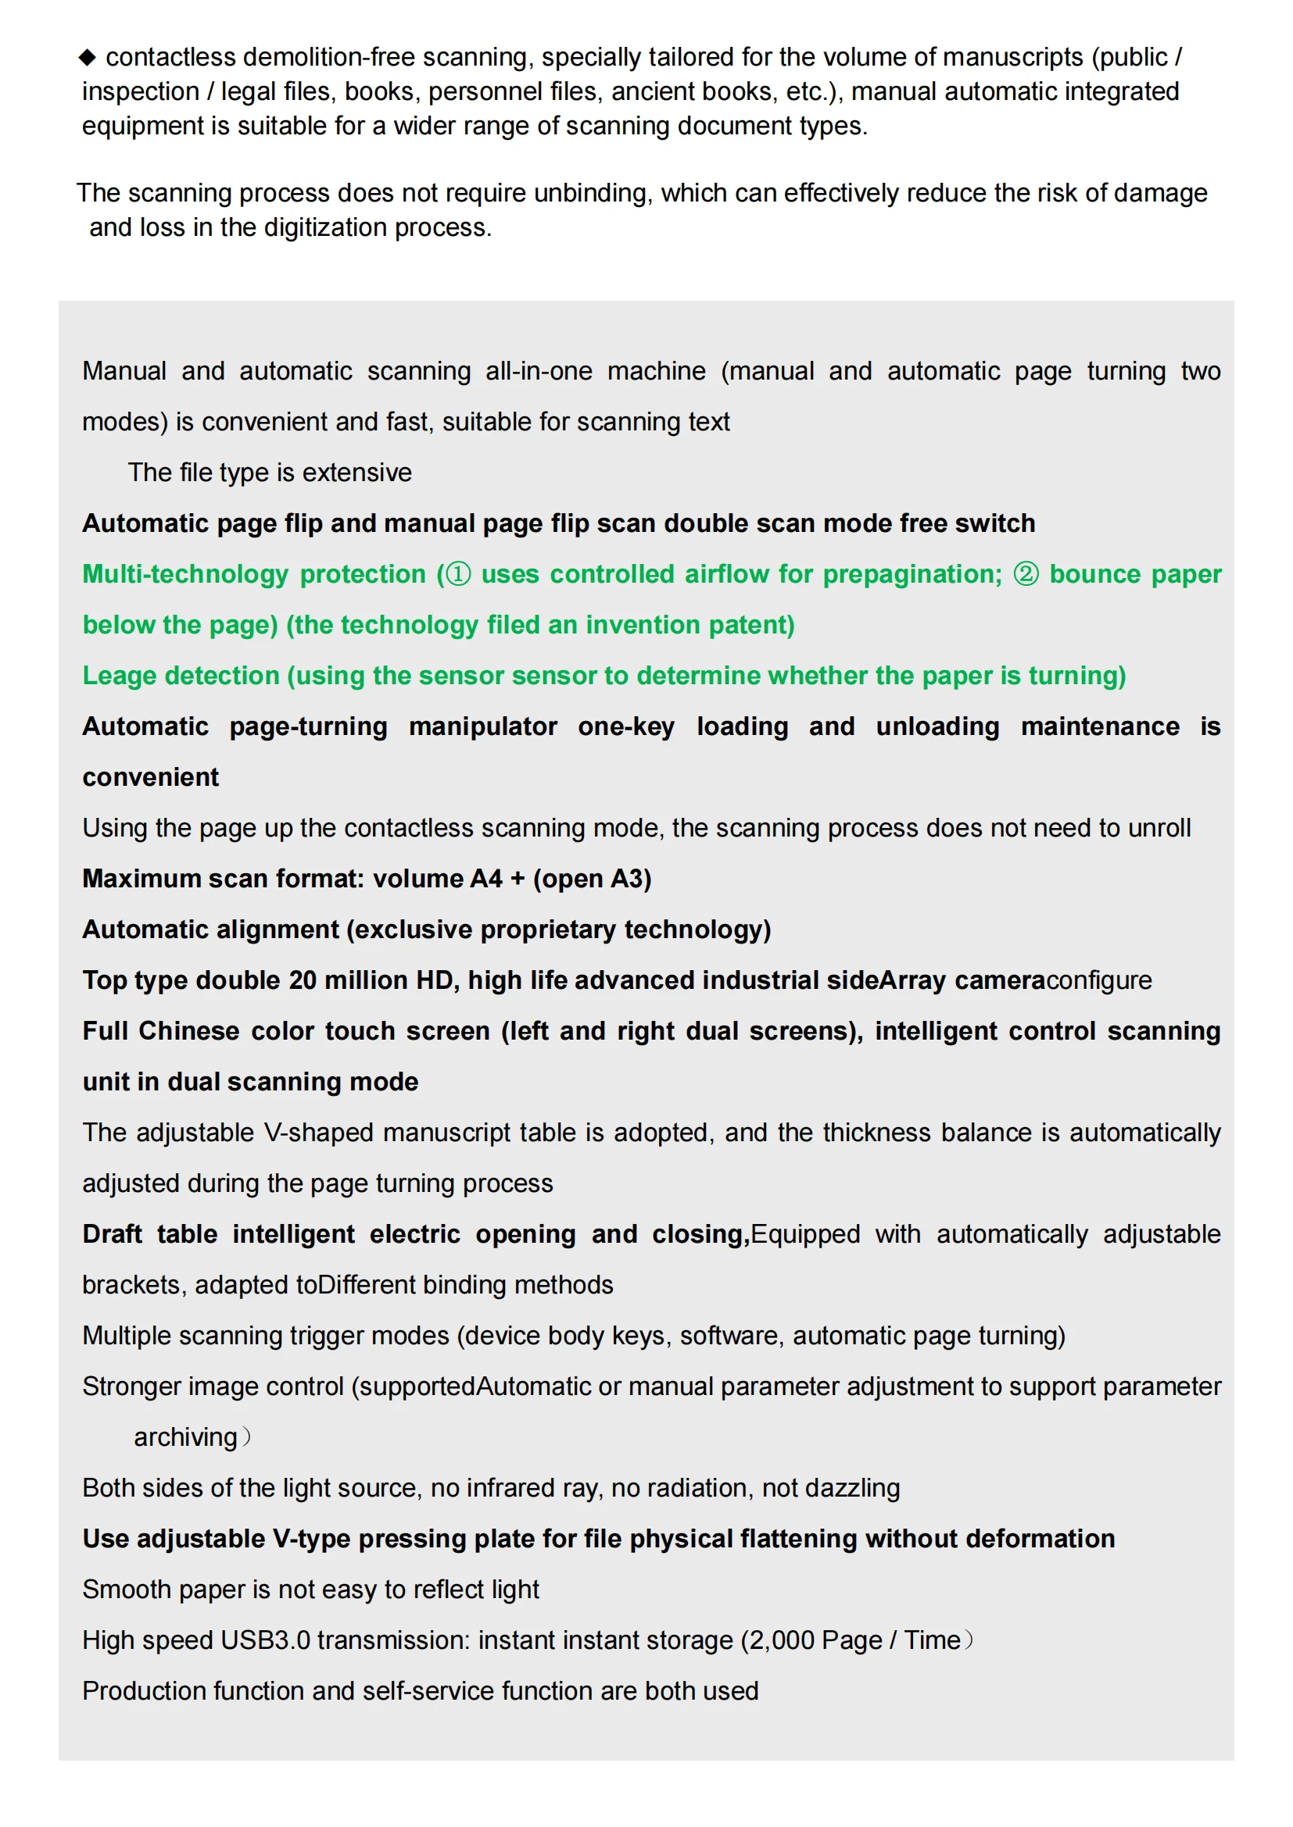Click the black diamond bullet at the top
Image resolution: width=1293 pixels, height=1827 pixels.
tap(88, 57)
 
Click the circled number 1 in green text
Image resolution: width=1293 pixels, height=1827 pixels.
tap(458, 574)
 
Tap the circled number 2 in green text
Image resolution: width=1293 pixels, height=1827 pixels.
tap(1026, 574)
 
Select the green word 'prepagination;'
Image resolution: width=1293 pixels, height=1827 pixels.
tap(912, 574)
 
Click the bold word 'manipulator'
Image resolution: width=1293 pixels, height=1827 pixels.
tap(482, 726)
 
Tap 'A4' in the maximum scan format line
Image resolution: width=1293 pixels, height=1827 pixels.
tap(485, 879)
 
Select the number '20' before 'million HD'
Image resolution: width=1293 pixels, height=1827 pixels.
tap(303, 980)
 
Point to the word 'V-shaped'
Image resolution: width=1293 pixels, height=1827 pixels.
tap(318, 1133)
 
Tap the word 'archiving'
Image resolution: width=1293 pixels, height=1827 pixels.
tap(185, 1437)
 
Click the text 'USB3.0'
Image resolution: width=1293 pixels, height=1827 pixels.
tap(265, 1640)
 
